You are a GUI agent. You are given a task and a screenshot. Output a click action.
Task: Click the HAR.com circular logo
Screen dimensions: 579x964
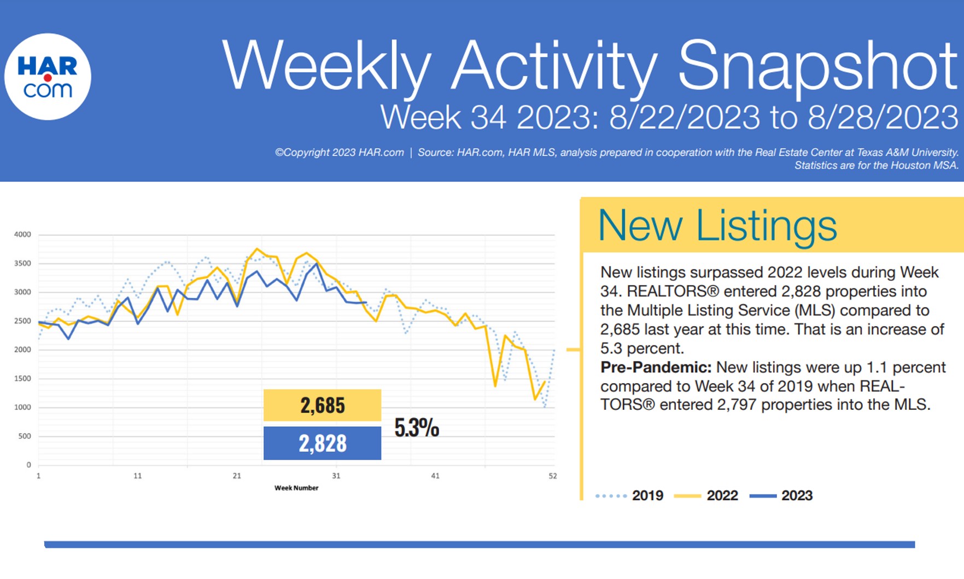(48, 77)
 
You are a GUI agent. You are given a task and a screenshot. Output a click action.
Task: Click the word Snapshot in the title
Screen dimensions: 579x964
(817, 66)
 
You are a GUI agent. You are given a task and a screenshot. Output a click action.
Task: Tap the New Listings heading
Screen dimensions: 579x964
(717, 225)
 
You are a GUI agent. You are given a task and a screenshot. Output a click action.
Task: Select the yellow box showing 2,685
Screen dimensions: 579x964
(322, 405)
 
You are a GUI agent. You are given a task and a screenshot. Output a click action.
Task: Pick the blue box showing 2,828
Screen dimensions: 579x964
(322, 443)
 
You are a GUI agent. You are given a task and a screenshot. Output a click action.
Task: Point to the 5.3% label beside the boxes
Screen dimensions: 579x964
(417, 427)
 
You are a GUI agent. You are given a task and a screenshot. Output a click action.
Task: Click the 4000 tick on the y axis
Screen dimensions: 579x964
(22, 234)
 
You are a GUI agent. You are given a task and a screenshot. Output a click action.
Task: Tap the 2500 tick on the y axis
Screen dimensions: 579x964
(22, 321)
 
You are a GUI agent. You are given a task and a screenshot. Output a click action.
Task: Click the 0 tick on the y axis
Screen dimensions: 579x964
(29, 465)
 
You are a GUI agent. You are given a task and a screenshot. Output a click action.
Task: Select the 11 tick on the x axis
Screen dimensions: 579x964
(138, 476)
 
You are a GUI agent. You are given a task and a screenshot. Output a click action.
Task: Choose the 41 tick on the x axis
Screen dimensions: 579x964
(435, 476)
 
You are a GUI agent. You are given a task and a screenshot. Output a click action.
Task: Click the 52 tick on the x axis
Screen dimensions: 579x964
(553, 476)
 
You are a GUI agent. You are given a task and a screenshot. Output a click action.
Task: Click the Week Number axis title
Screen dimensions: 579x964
(296, 488)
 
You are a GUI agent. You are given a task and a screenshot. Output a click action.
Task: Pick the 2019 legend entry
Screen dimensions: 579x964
(647, 495)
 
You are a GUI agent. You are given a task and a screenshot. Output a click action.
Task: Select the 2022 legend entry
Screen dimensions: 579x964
(722, 495)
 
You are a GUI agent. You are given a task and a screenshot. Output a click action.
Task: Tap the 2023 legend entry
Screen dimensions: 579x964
(797, 495)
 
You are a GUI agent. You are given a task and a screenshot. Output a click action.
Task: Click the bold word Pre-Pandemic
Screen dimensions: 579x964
(656, 367)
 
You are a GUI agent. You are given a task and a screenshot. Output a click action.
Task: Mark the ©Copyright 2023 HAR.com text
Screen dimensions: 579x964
(339, 153)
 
